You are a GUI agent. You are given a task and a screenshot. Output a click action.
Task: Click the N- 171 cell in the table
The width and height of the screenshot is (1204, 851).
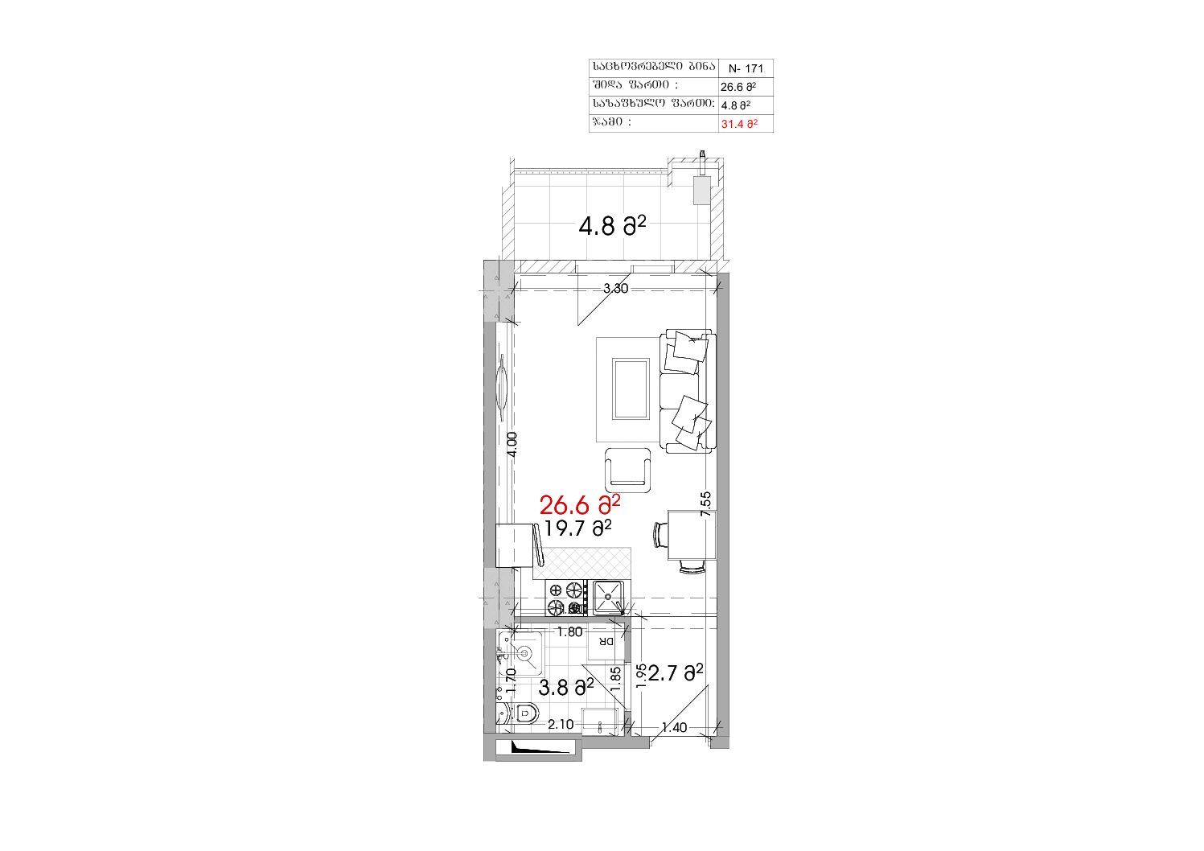[x=746, y=68]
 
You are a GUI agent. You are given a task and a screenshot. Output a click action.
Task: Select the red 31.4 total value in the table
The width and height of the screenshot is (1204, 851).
[x=739, y=124]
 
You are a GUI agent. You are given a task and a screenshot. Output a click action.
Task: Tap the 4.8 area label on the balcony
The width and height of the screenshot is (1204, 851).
[x=612, y=226]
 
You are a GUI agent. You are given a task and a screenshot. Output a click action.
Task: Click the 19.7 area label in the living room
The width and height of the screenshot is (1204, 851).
[x=577, y=528]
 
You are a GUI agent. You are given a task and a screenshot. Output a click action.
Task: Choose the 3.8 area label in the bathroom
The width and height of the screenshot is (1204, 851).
[x=566, y=687]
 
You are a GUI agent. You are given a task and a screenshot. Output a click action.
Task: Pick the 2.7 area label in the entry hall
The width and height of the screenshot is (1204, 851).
[x=676, y=672]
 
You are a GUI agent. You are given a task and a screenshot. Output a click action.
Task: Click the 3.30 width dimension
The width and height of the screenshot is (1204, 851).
[x=615, y=289]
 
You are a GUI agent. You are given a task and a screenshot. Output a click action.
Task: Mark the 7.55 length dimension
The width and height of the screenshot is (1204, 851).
[x=705, y=504]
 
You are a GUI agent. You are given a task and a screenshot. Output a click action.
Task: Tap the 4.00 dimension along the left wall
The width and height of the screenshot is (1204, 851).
[x=512, y=445]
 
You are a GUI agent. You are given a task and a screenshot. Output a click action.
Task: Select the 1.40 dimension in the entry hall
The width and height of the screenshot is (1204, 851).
[x=674, y=728]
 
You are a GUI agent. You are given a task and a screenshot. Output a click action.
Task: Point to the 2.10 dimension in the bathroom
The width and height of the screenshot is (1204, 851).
[x=561, y=725]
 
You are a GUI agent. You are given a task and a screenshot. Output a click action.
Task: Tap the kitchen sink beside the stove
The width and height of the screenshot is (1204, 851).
[x=609, y=598]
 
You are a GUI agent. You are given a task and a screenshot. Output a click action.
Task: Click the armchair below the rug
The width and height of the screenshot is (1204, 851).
[x=628, y=471]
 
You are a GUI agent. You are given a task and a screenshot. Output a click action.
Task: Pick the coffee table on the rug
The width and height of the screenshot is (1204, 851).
[x=631, y=388]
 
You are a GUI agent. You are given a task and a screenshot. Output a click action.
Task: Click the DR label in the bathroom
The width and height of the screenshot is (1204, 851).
[x=606, y=641]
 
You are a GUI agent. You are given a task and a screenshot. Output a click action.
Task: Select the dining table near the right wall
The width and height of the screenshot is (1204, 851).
[x=692, y=535]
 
